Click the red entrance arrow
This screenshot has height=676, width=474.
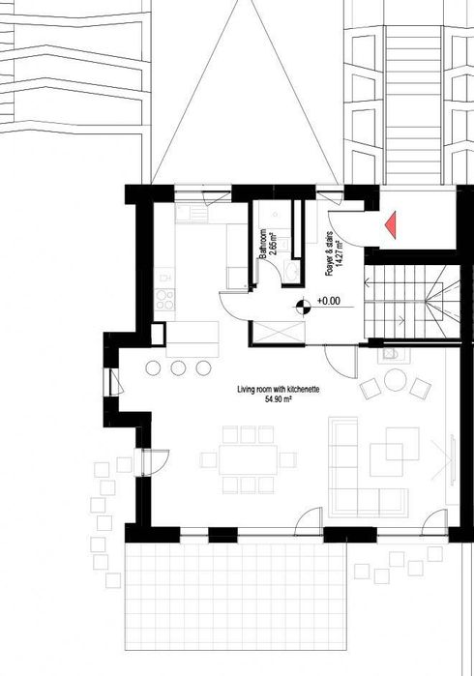(392, 223)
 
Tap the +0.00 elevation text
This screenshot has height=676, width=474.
(329, 301)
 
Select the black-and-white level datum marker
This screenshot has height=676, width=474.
(303, 308)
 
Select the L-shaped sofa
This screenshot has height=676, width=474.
(368, 464)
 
